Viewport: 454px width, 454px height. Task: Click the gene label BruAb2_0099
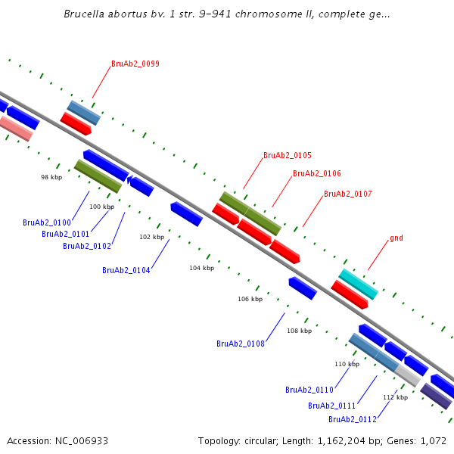click(x=135, y=64)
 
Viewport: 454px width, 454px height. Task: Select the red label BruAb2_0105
click(x=288, y=155)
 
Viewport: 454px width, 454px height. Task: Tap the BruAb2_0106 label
click(x=317, y=173)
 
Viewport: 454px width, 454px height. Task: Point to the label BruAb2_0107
click(x=348, y=194)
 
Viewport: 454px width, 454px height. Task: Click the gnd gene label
click(x=396, y=238)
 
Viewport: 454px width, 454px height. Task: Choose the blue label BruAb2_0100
click(x=47, y=222)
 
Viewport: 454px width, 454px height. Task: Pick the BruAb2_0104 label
click(x=126, y=270)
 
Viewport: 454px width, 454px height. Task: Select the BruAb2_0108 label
click(x=241, y=344)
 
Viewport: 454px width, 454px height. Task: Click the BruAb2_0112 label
click(x=353, y=419)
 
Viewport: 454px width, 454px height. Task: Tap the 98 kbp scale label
click(x=51, y=177)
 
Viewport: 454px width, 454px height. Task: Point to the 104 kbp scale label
click(x=202, y=268)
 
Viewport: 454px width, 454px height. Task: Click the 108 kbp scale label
click(x=300, y=331)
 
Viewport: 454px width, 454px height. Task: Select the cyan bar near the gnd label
click(x=359, y=284)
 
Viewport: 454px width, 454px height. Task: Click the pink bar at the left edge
click(x=16, y=129)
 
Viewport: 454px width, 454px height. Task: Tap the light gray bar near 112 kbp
click(x=408, y=376)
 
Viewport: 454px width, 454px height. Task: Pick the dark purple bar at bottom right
click(x=436, y=396)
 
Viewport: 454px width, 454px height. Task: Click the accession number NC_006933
click(x=82, y=441)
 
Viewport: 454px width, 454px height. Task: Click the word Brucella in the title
click(x=84, y=14)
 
